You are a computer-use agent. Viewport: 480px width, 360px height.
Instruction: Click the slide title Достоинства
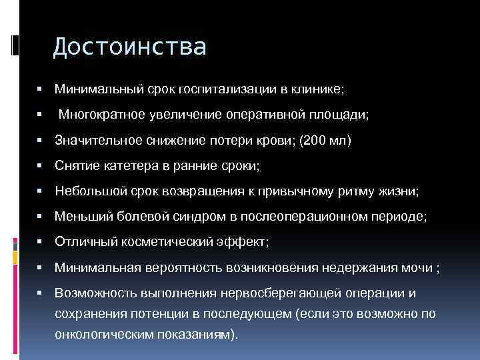point(129,47)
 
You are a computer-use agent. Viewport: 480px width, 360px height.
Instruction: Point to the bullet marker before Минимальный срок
point(41,88)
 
